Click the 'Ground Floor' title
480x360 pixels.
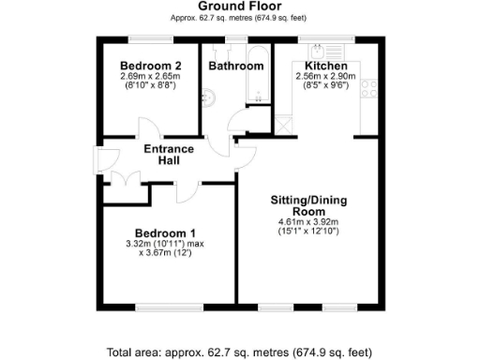(x=239, y=6)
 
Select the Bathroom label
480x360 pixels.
(x=235, y=67)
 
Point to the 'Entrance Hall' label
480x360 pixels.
(x=168, y=155)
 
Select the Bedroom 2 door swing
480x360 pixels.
(x=148, y=129)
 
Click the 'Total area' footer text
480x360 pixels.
(x=239, y=352)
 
